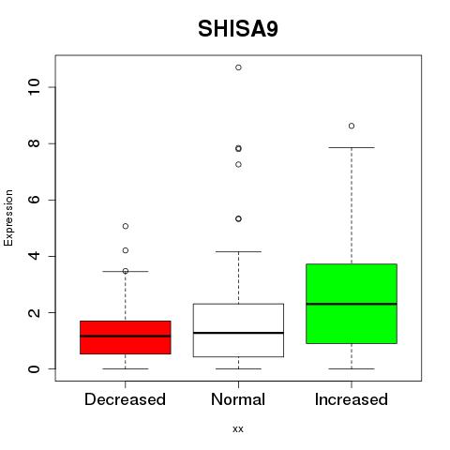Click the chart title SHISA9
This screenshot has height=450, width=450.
point(238,29)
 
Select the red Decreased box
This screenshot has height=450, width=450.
point(126,337)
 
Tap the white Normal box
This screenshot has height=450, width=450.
point(238,330)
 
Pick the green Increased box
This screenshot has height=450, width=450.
point(352,304)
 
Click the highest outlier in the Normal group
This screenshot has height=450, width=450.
point(238,67)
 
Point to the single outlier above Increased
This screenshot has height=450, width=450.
point(352,126)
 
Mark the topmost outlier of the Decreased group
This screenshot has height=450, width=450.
point(126,226)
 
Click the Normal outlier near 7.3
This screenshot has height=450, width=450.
point(238,164)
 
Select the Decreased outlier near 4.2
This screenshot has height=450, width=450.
point(126,250)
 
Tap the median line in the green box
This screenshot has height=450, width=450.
point(352,304)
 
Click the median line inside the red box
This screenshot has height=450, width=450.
point(126,337)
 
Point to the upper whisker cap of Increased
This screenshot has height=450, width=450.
point(352,147)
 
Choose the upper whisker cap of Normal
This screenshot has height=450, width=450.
point(238,251)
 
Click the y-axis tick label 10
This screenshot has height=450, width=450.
point(34,87)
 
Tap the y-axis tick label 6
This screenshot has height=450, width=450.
point(34,200)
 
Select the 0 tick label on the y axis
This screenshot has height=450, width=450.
point(34,368)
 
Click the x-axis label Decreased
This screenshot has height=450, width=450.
point(125,399)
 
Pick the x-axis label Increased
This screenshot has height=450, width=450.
point(352,399)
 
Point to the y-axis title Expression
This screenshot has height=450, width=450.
point(8,218)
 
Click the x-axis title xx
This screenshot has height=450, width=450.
point(238,429)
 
